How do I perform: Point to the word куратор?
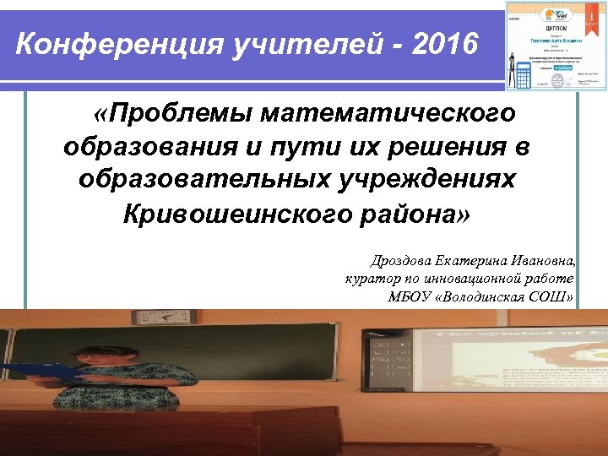click(x=370, y=279)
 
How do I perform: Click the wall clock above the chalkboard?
click(x=176, y=317)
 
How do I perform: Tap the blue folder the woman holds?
click(x=42, y=369)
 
